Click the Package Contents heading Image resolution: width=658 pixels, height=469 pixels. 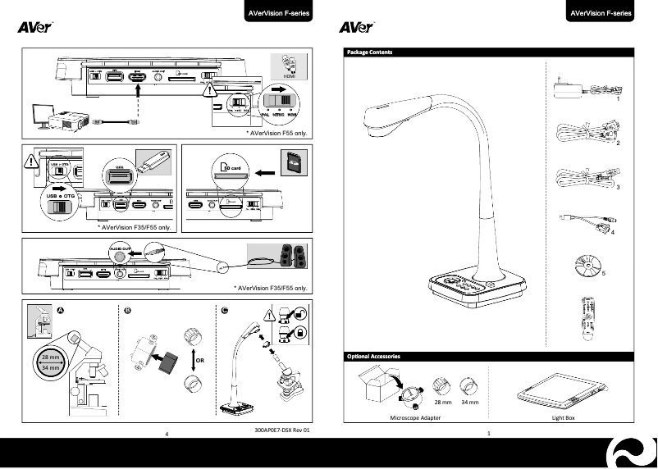coord(371,52)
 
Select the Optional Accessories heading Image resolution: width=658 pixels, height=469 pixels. coord(375,357)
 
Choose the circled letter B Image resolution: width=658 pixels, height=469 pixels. coord(127,310)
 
